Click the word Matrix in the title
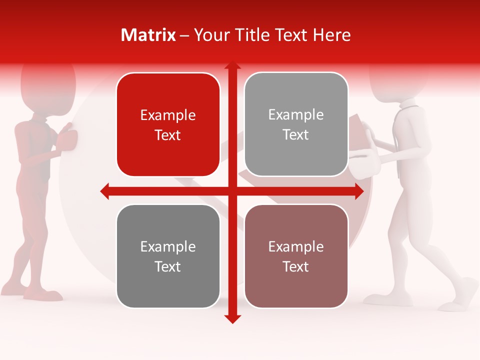point(148,35)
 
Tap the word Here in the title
point(331,35)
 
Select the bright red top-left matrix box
point(168,125)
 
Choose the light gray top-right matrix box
point(296,124)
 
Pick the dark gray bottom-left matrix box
point(168,256)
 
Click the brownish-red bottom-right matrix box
point(296,256)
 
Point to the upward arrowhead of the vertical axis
point(232,66)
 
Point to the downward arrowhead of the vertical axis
point(232,318)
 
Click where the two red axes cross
point(232,191)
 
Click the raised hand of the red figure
point(67,140)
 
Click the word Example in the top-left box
point(168,115)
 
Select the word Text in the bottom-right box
point(296,266)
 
